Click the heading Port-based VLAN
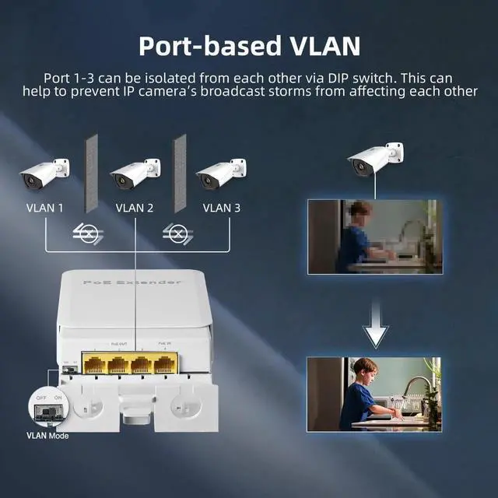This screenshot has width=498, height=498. pyautogui.click(x=249, y=45)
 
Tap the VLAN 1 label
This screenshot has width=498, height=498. pyautogui.click(x=44, y=208)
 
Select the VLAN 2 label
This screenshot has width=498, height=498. pyautogui.click(x=135, y=208)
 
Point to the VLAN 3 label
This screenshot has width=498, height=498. pyautogui.click(x=222, y=208)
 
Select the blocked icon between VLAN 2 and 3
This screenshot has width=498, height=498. pyautogui.click(x=179, y=232)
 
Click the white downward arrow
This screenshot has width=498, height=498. pyautogui.click(x=375, y=330)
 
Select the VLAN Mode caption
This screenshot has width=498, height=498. pyautogui.click(x=47, y=436)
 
